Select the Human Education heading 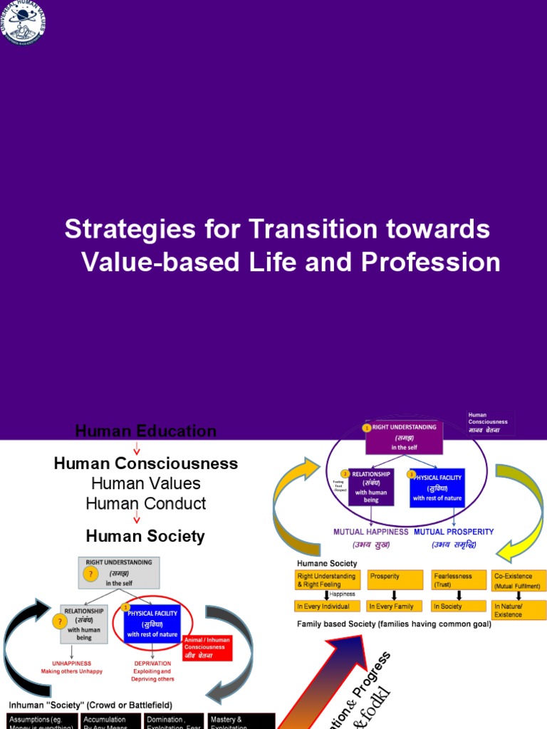pos(145,431)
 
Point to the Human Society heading pos(145,536)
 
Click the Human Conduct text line pos(145,503)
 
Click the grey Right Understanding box pos(119,572)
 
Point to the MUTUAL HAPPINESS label pos(370,531)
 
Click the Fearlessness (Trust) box pos(457,579)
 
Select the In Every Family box pos(395,607)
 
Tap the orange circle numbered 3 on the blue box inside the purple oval pos(410,474)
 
